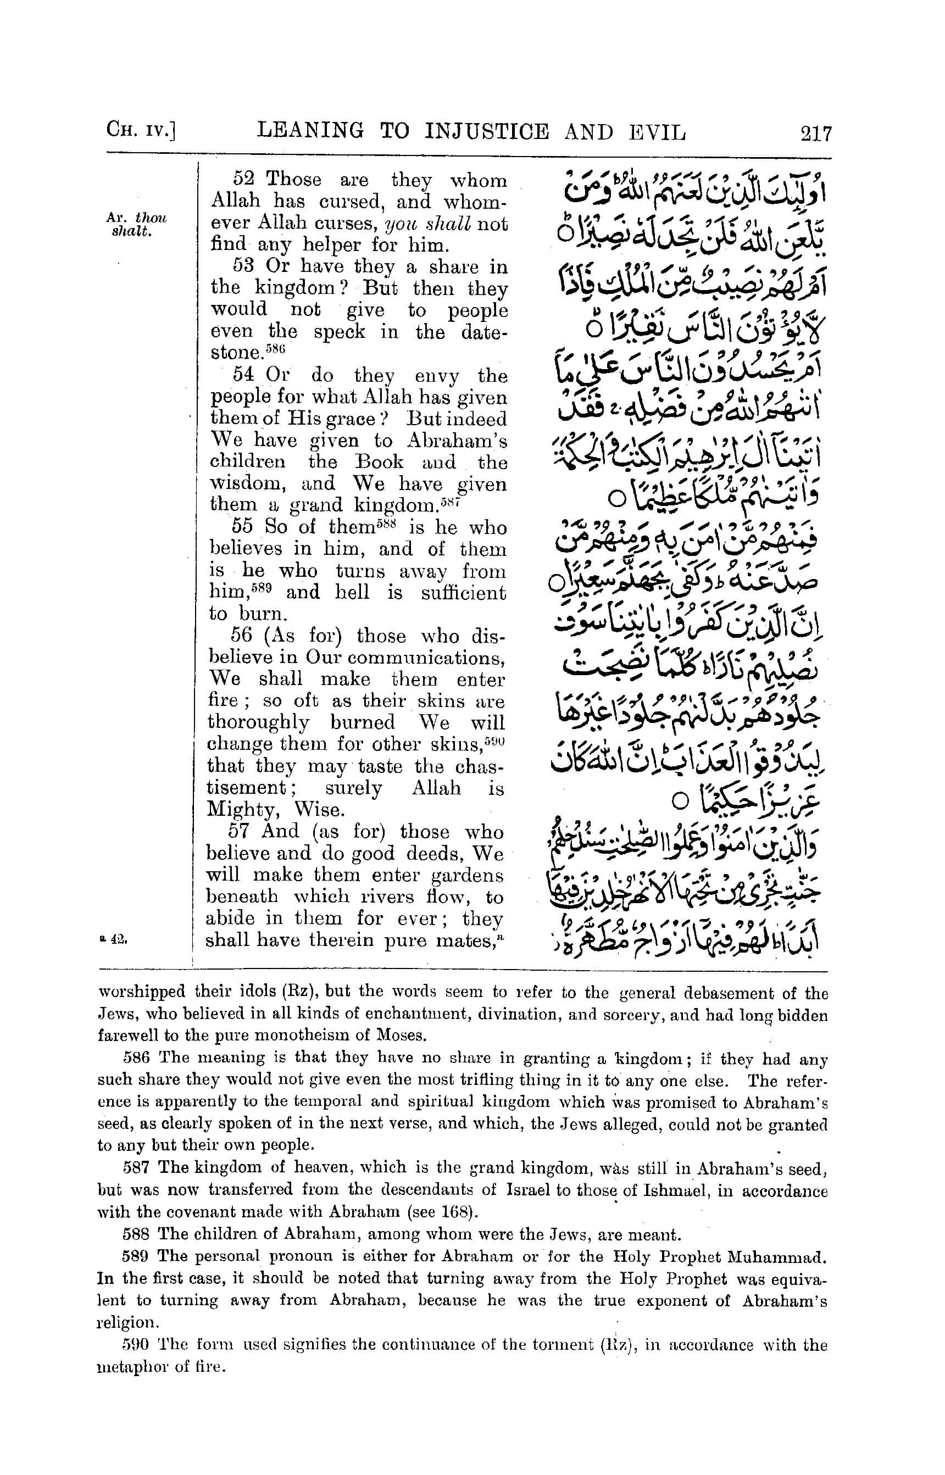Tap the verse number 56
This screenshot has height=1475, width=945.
(242, 636)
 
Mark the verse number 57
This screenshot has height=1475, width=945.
(241, 832)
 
